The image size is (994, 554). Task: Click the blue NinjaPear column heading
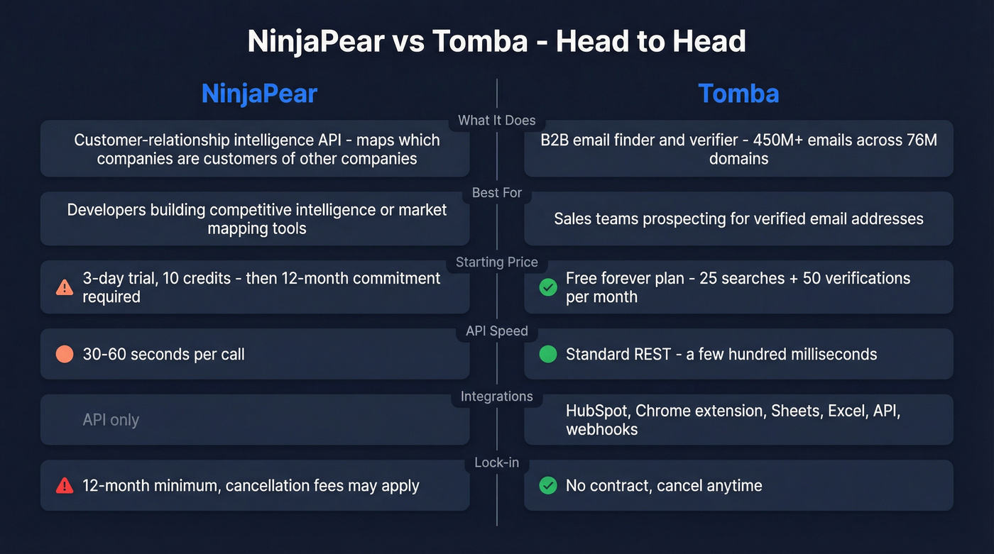coord(258,94)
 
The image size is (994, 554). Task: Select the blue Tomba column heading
coord(738,94)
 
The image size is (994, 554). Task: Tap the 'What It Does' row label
coord(497,120)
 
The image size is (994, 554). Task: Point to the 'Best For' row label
coord(497,192)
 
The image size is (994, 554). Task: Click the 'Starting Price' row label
coord(497,262)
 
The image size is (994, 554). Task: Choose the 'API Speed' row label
coord(497,331)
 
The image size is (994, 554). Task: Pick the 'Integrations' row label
coord(497,397)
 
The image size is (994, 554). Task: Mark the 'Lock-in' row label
coord(497,462)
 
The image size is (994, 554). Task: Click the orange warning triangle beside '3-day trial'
coord(65,287)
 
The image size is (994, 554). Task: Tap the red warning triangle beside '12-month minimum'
coord(65,486)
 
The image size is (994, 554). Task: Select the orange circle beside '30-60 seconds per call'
coord(65,354)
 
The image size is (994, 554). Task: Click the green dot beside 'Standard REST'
coord(548,354)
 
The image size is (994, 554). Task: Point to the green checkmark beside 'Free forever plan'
coord(548,287)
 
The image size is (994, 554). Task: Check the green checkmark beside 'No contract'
coord(548,486)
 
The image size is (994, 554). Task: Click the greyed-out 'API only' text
coord(111,420)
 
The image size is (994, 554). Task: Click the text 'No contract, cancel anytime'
coord(664,486)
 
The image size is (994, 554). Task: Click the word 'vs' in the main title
coord(408,42)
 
